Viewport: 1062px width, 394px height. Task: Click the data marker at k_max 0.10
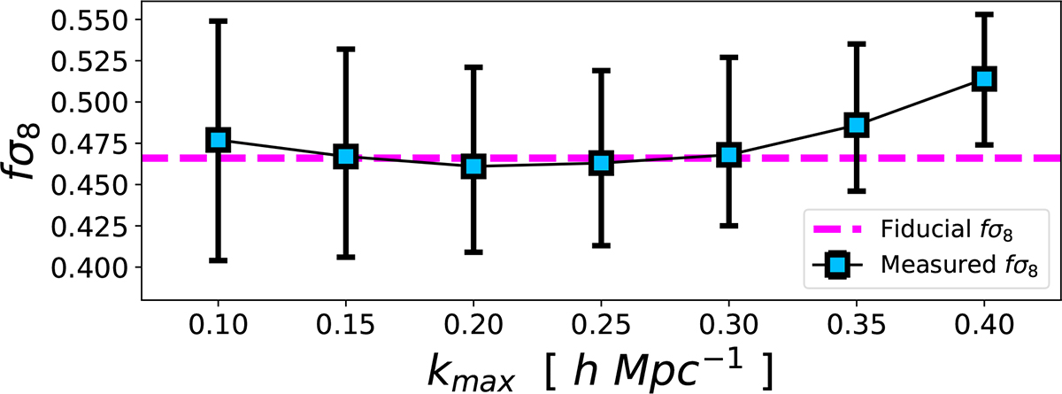click(x=218, y=140)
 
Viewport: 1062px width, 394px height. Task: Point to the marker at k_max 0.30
click(x=728, y=155)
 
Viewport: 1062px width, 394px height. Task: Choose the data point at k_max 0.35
click(x=856, y=125)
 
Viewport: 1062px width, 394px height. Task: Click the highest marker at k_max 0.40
click(x=984, y=79)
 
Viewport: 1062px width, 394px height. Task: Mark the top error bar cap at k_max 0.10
click(x=218, y=19)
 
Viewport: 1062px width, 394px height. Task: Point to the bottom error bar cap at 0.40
click(x=984, y=144)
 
